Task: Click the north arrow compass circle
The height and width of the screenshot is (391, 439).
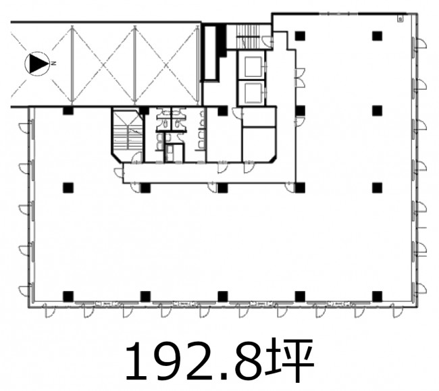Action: point(37,63)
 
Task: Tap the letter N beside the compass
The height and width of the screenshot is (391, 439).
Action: point(54,63)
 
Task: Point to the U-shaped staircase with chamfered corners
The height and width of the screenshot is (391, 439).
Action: point(128,135)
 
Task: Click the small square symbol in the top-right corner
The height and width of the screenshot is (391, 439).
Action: point(401,20)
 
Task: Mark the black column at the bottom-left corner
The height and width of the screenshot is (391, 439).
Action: point(68,296)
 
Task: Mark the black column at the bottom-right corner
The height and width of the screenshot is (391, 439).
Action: point(377,296)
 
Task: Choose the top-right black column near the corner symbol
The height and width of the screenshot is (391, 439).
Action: point(377,36)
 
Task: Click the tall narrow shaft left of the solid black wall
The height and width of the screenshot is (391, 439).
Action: point(210,53)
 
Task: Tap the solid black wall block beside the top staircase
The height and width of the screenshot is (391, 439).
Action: point(222,41)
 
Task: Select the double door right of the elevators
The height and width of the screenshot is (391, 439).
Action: point(300,78)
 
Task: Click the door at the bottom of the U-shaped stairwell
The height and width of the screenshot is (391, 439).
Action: point(137,157)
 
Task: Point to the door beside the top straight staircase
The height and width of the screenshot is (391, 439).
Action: point(269,42)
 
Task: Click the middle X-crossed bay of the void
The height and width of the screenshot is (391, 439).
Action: point(103,64)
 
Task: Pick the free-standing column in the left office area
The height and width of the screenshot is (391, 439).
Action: point(68,188)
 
